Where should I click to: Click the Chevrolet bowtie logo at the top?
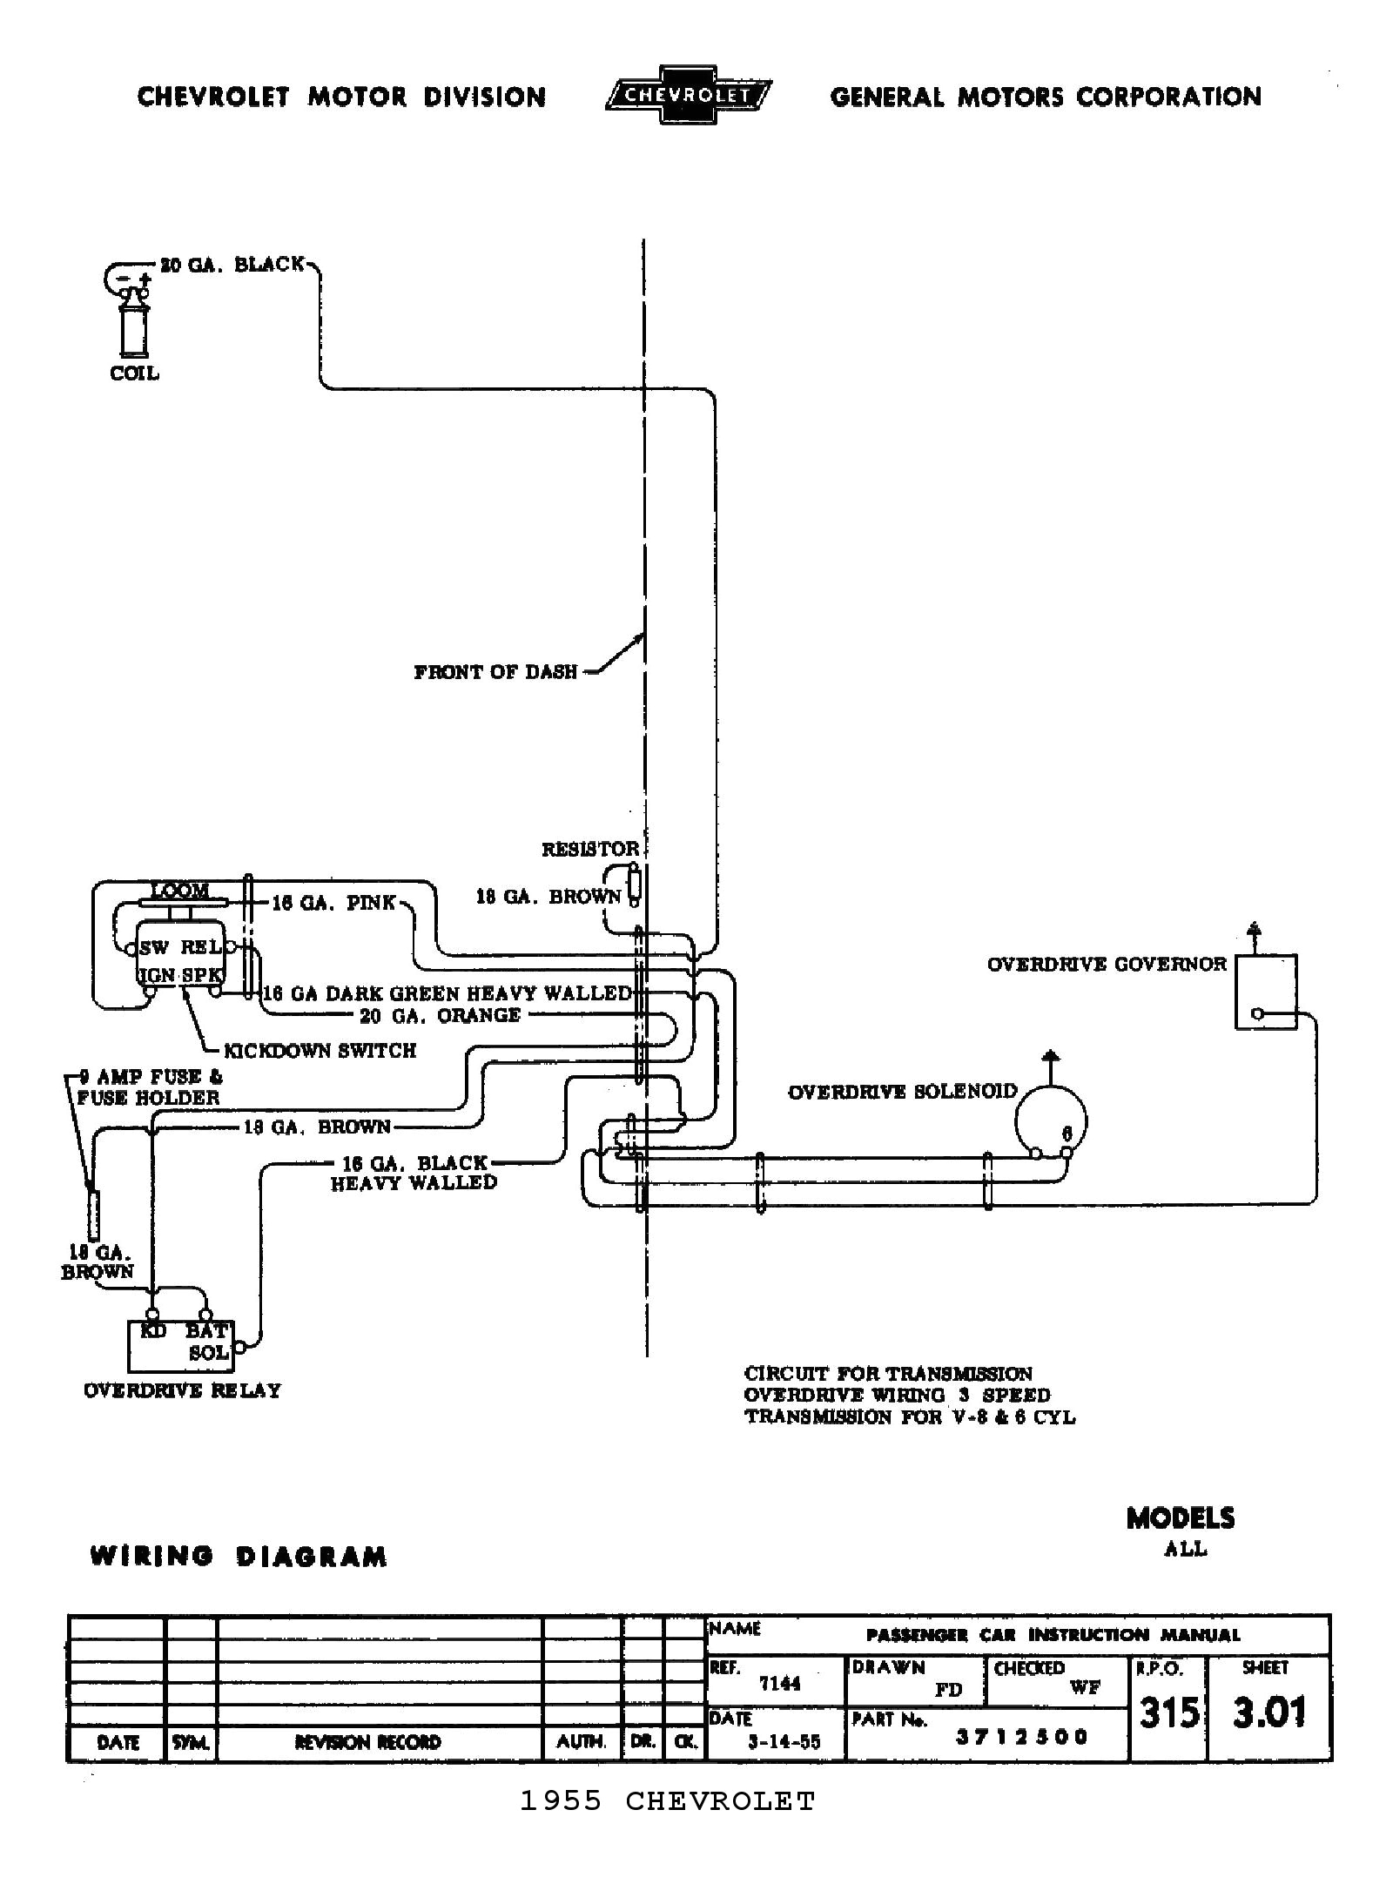[688, 95]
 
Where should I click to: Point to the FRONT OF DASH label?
[495, 671]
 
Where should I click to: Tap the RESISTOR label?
[590, 849]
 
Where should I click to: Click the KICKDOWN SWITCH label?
[320, 1051]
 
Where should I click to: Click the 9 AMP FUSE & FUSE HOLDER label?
[148, 1087]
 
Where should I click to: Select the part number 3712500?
[1021, 1737]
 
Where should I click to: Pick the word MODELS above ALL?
[1180, 1518]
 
